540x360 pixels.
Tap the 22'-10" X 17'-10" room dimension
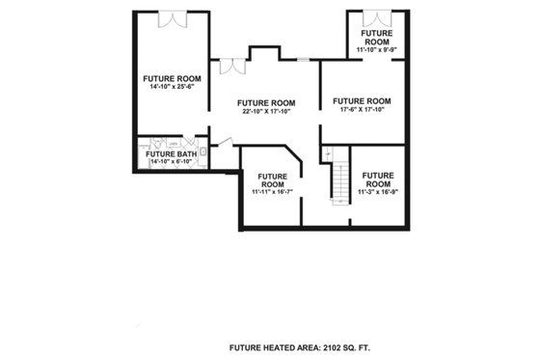[266, 111]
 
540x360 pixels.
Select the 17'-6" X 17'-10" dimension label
[362, 109]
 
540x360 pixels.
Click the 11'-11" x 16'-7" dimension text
[272, 191]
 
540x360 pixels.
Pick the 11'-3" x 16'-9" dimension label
[377, 191]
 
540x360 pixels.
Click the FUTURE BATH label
[170, 153]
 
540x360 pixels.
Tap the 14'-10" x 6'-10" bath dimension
[171, 161]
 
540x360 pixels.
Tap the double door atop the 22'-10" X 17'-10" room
[232, 67]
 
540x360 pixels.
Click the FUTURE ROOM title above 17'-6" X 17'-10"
[362, 100]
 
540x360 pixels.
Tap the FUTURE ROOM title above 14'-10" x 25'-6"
[172, 79]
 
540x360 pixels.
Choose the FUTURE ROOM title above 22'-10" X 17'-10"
[266, 102]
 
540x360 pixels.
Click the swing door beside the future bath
[221, 143]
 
